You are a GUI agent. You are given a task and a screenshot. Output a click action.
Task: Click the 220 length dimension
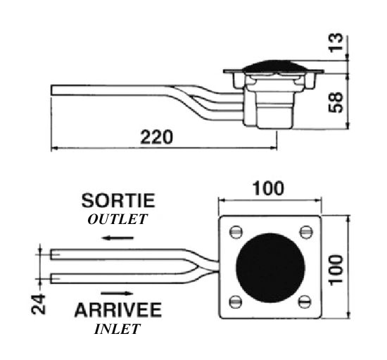pyautogui.click(x=157, y=137)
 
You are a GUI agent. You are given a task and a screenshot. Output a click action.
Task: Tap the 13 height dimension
pyautogui.click(x=336, y=42)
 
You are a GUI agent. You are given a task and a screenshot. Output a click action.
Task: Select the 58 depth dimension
pyautogui.click(x=336, y=102)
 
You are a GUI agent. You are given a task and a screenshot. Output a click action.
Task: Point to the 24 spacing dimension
pyautogui.click(x=39, y=304)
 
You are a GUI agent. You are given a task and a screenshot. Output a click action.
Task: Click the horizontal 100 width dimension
pyautogui.click(x=268, y=188)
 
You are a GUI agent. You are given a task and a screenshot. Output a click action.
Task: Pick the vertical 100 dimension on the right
pyautogui.click(x=336, y=270)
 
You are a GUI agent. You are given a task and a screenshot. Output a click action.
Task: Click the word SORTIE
pyautogui.click(x=118, y=200)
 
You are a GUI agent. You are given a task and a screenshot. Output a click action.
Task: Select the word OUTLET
pyautogui.click(x=118, y=219)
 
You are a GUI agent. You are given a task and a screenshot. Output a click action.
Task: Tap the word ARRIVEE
pyautogui.click(x=118, y=310)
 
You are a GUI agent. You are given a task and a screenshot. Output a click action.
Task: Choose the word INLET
pyautogui.click(x=118, y=329)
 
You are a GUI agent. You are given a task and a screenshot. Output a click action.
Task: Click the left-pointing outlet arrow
pyautogui.click(x=118, y=238)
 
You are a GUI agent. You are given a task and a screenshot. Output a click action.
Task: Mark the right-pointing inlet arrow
pyautogui.click(x=118, y=293)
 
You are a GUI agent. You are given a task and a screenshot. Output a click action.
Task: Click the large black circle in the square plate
pyautogui.click(x=270, y=268)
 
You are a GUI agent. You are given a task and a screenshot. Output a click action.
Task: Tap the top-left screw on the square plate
pyautogui.click(x=236, y=232)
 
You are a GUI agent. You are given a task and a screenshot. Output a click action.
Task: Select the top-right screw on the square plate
pyautogui.click(x=306, y=232)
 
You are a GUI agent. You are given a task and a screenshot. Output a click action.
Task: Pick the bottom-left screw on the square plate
pyautogui.click(x=236, y=302)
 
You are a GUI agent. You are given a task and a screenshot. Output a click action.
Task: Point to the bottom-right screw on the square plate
pyautogui.click(x=305, y=302)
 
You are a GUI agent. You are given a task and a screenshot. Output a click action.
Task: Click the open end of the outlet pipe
pyautogui.click(x=51, y=254)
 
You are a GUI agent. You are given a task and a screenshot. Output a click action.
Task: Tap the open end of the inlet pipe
pyautogui.click(x=51, y=278)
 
